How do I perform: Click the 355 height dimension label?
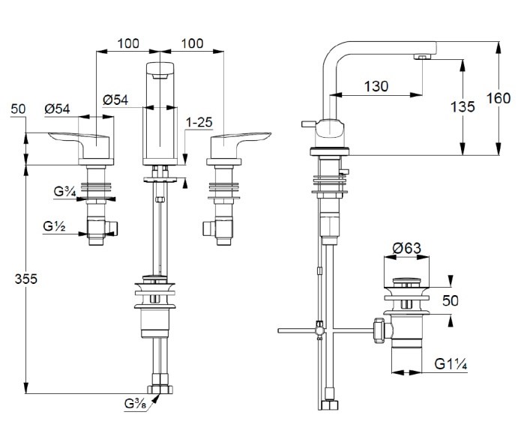[x=25, y=279]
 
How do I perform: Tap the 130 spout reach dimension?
[x=376, y=86]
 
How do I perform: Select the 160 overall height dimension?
[x=499, y=98]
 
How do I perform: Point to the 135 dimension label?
[x=463, y=106]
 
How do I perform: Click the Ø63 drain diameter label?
[x=407, y=248]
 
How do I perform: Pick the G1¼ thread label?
[x=451, y=364]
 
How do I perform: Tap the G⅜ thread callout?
[x=135, y=404]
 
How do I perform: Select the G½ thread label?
[x=54, y=226]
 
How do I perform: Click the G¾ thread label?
[x=64, y=192]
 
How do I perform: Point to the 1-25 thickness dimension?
[x=199, y=122]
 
